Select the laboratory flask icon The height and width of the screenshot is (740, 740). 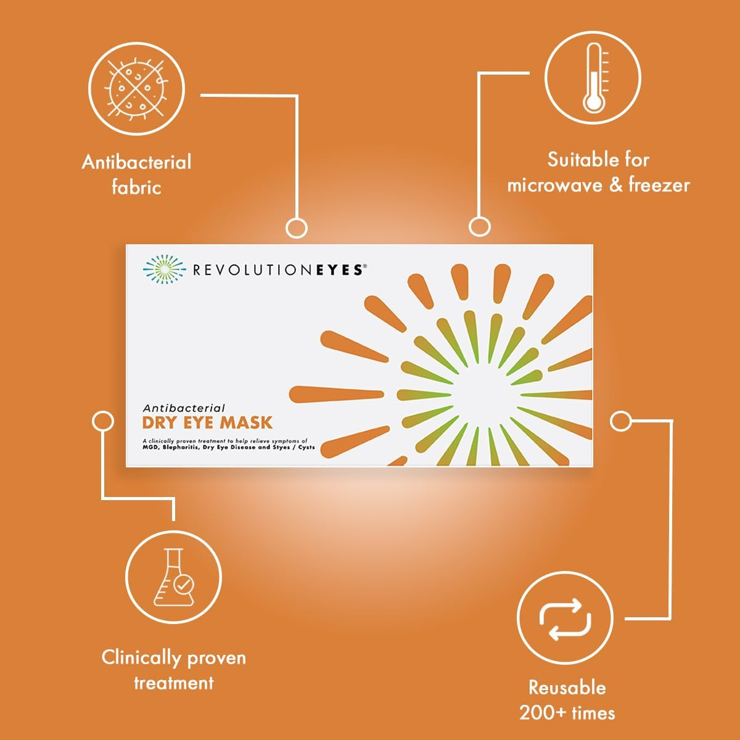(174, 578)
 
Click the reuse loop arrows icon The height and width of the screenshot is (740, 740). (565, 618)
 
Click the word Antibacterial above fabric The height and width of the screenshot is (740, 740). (136, 162)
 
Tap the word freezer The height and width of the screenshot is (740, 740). (659, 185)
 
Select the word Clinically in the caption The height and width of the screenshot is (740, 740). (141, 657)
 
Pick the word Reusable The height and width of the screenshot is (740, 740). (567, 688)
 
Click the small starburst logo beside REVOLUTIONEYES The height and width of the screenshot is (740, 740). (164, 269)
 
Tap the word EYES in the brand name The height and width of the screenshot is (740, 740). (339, 269)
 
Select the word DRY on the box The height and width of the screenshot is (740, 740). (159, 423)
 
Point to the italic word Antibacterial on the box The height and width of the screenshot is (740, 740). (184, 408)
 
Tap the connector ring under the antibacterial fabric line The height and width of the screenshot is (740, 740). (297, 228)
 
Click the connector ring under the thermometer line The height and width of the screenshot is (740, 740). (479, 226)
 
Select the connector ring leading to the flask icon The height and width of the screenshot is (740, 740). (102, 421)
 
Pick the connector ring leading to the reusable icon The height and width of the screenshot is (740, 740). (621, 421)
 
